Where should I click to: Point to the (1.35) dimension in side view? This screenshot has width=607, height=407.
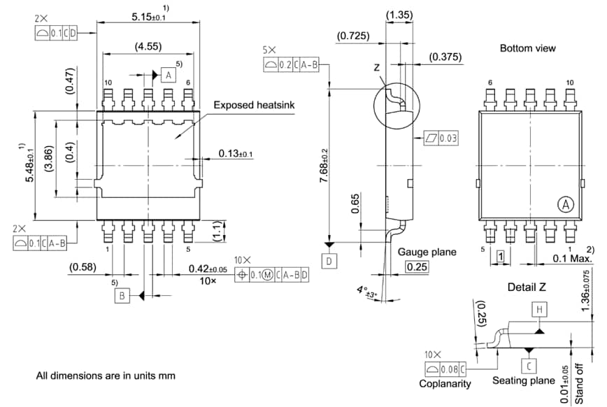coord(399,15)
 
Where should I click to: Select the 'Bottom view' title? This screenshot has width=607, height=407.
coord(528,48)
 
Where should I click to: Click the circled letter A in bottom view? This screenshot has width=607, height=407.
coord(565,204)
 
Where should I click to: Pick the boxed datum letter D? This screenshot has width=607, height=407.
coord(328,261)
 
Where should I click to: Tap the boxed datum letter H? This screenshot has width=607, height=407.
coord(539,308)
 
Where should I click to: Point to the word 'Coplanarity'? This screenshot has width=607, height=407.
coord(445,383)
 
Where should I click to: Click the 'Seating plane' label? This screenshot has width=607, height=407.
coord(523,380)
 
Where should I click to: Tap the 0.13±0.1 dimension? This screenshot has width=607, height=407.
coord(236,153)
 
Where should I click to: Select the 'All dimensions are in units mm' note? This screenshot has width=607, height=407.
coord(106,376)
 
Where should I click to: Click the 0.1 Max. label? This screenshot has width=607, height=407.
coord(572,258)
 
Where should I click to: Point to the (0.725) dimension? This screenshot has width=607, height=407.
coord(353,35)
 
